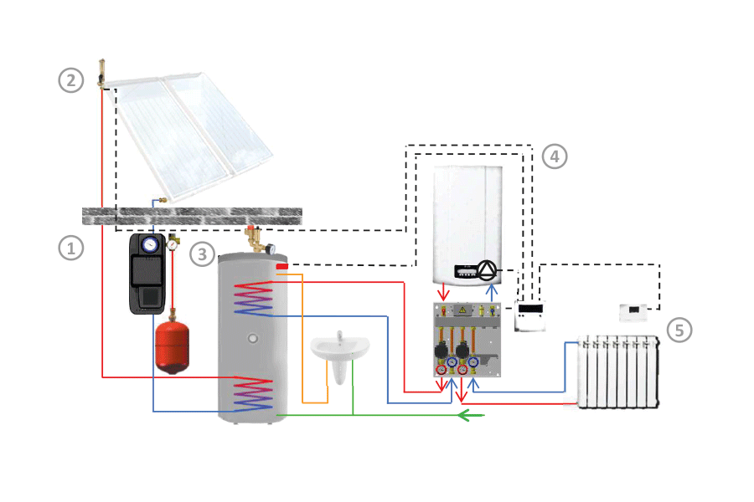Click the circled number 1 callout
[x=71, y=248]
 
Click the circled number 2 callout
[x=71, y=80]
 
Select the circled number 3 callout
[x=202, y=253]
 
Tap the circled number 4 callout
[x=555, y=156]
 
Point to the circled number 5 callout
[x=679, y=330]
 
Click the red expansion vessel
[x=174, y=344]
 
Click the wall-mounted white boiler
[x=467, y=226]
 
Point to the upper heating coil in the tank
[x=255, y=299]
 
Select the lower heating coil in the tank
[x=255, y=392]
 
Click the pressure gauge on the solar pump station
[x=151, y=245]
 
